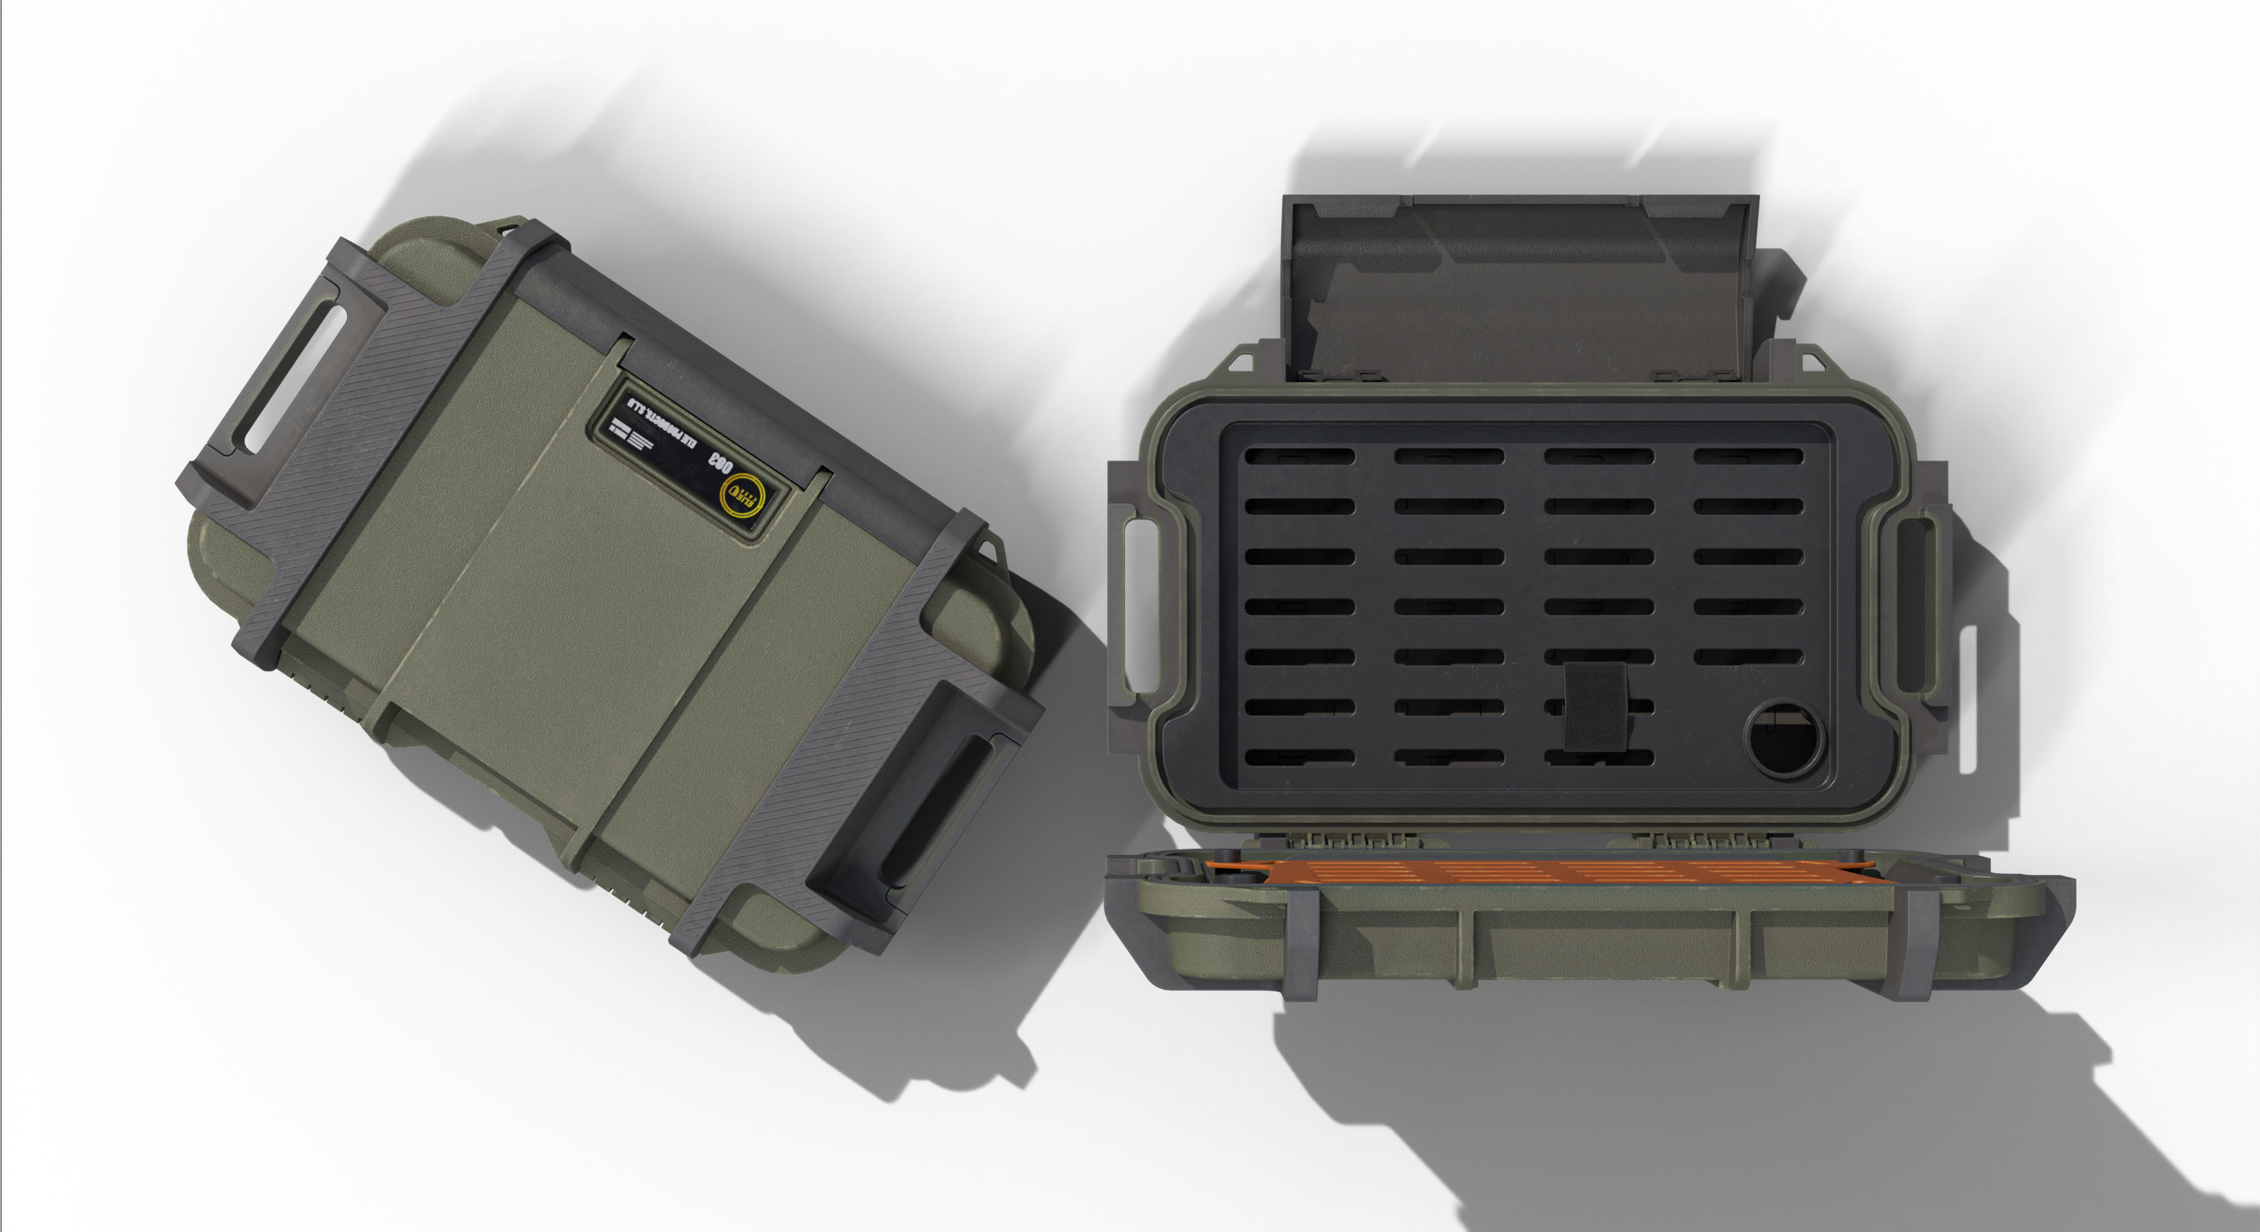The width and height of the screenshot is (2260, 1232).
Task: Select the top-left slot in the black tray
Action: tap(1299, 456)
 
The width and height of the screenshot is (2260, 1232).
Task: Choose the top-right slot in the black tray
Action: tap(1748, 456)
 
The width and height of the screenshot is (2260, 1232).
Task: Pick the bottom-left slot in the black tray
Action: tap(1299, 756)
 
